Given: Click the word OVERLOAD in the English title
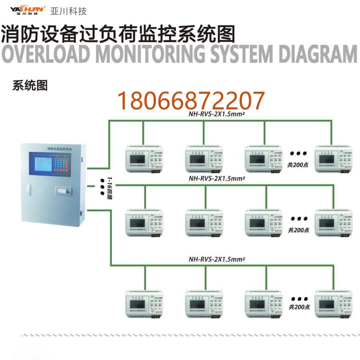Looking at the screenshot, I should coord(46,55).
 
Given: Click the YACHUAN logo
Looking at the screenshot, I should coord(27,9).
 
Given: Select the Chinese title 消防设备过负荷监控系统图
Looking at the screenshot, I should coord(118,34).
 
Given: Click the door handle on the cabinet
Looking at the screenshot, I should coord(28,189).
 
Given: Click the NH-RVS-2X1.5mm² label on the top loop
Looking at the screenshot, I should coord(217,115).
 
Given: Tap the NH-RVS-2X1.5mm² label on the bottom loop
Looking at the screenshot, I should coord(217,259).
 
